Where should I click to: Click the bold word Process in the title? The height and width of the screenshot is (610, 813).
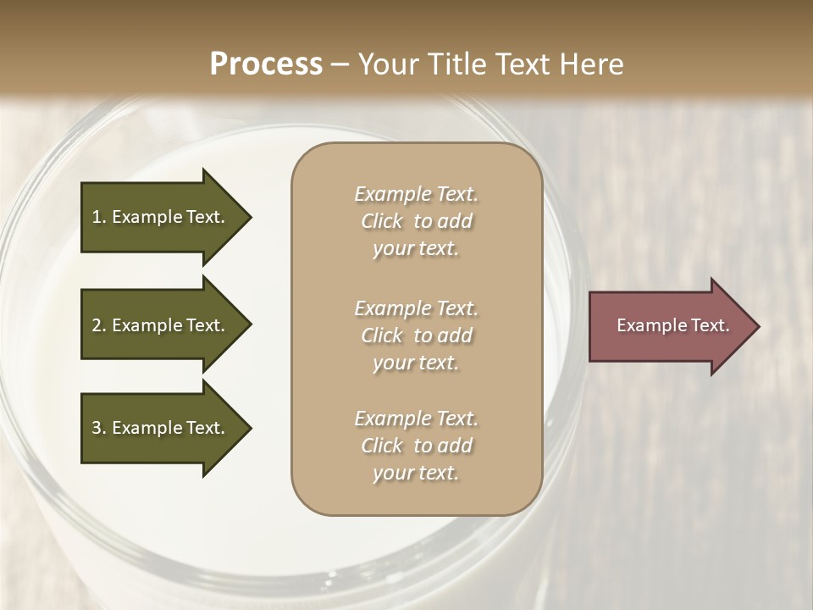tap(266, 64)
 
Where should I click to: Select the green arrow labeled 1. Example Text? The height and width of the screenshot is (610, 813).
tap(161, 217)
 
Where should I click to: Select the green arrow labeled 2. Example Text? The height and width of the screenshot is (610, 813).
tap(161, 325)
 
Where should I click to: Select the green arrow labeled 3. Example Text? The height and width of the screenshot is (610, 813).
tap(161, 428)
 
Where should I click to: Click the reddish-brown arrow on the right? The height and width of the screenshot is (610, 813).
tap(669, 325)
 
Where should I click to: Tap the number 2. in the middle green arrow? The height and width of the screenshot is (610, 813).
tap(99, 325)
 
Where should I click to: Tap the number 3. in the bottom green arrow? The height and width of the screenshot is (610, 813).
tap(99, 428)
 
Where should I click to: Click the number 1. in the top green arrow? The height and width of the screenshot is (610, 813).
tap(98, 217)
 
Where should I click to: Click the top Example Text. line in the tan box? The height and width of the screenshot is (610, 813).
tap(416, 194)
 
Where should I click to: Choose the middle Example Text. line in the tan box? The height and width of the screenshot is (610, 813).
tap(416, 308)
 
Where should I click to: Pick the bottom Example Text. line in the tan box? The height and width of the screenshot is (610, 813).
tap(416, 419)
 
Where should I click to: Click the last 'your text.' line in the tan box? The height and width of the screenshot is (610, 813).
tap(416, 473)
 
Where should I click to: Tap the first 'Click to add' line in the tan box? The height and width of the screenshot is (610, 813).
tap(416, 221)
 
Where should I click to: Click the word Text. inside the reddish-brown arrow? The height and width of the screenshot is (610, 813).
tap(710, 325)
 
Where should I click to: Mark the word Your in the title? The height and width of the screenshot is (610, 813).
tap(386, 64)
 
